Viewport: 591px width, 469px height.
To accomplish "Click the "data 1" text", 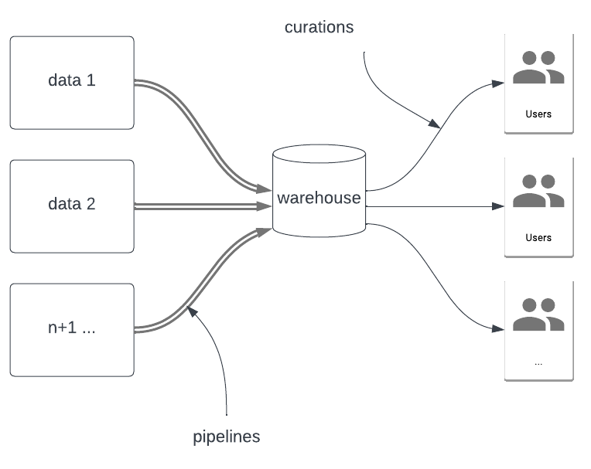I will click(71, 80).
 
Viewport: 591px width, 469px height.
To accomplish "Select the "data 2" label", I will click(71, 205).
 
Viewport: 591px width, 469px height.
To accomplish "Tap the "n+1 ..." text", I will click(71, 328).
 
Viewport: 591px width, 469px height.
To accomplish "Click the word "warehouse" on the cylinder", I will click(319, 198).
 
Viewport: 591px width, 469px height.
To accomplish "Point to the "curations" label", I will click(319, 28).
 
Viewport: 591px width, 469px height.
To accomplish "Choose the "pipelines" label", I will click(226, 437).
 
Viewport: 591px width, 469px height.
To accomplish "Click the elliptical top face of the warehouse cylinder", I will click(319, 153).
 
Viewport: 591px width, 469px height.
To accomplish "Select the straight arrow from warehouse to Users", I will click(433, 207).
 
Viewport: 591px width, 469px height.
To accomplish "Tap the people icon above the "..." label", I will click(538, 314).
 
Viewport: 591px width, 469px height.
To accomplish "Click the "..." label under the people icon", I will click(538, 361).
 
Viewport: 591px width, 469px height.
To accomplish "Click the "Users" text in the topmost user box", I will click(538, 114).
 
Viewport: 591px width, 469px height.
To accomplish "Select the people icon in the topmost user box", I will click(538, 68).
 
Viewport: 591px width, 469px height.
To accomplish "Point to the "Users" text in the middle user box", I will click(538, 237).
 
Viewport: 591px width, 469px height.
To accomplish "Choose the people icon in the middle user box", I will click(538, 192).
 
